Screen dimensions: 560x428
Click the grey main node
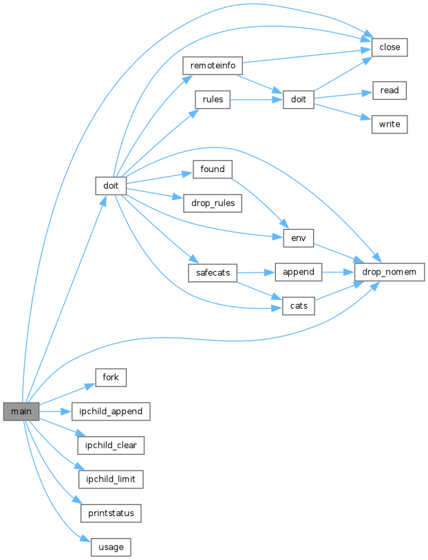click(x=21, y=411)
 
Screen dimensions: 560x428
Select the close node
click(x=390, y=47)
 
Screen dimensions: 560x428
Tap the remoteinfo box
click(x=212, y=66)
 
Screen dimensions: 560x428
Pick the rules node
click(x=212, y=100)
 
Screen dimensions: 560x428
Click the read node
click(x=390, y=90)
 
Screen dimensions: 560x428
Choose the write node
click(x=390, y=125)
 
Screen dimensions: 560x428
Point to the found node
click(x=212, y=169)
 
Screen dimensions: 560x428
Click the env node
click(x=299, y=238)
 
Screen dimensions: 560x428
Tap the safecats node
click(x=212, y=272)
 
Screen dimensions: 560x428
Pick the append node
click(x=299, y=272)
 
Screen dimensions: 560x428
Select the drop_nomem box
click(x=389, y=272)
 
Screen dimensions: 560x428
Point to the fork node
click(x=111, y=377)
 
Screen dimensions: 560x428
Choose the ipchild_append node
click(x=111, y=411)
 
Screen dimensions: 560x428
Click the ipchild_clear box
click(x=111, y=445)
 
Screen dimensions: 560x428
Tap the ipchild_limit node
click(x=111, y=479)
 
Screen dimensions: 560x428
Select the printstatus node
click(x=111, y=513)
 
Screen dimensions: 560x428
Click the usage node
click(x=111, y=547)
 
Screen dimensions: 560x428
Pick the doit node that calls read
click(x=299, y=100)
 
